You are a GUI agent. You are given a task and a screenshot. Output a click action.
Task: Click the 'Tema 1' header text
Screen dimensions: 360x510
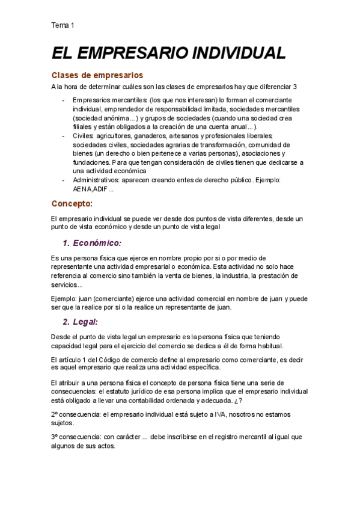(63, 25)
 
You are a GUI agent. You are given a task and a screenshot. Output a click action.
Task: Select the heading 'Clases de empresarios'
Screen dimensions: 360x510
(97, 76)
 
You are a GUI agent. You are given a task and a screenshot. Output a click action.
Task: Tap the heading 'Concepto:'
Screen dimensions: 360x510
(72, 204)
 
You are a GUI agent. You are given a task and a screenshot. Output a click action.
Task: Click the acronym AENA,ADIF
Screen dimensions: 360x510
(90, 189)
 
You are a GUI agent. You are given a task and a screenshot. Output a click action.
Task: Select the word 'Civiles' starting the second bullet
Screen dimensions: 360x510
(83, 136)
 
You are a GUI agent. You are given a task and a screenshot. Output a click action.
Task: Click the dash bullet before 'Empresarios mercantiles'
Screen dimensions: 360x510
(64, 100)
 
